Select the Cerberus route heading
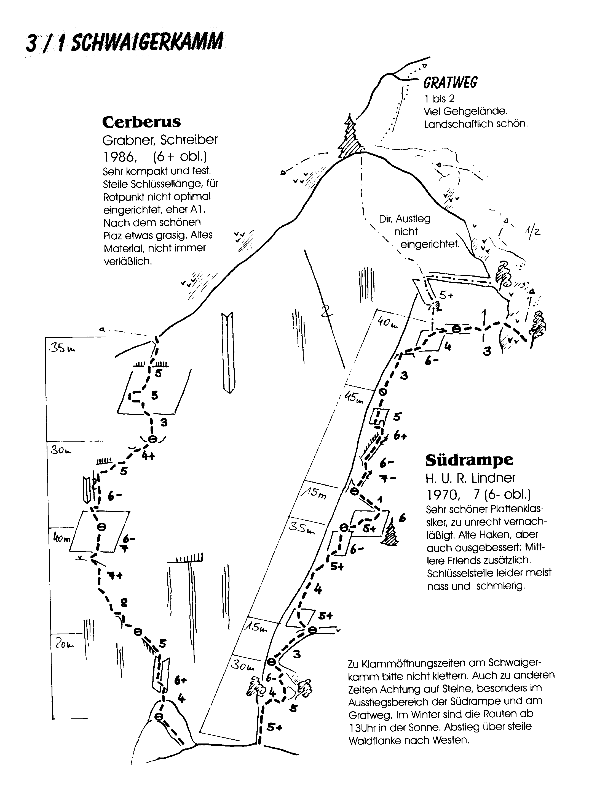point(141,122)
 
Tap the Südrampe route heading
point(469,460)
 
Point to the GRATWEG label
point(450,83)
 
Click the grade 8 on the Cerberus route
point(124,602)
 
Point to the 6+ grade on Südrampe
point(400,436)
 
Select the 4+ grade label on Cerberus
point(148,456)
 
